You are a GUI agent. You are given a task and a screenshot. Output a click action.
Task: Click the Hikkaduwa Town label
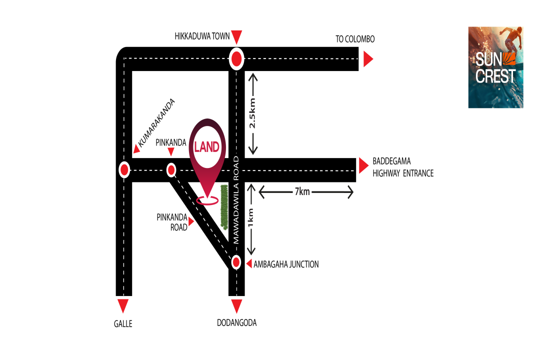point(202,36)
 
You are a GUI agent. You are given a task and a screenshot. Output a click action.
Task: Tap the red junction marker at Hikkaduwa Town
point(236,59)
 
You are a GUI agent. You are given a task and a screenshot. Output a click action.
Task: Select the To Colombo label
point(355,39)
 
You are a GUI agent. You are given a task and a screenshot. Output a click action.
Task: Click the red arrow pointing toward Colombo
point(368,60)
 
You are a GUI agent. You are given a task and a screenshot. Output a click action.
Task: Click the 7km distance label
point(302,191)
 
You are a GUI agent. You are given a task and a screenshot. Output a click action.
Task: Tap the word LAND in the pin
point(207,147)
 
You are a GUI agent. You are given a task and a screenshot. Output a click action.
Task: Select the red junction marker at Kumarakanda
point(124,170)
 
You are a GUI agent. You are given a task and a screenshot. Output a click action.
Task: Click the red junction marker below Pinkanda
point(171,170)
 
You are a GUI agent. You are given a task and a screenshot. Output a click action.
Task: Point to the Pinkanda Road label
point(172,222)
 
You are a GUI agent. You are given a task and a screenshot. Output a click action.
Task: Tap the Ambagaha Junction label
point(286,264)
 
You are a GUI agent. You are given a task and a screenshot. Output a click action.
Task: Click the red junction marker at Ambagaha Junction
point(236,262)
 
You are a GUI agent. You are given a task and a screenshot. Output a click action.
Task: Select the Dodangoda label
point(236,323)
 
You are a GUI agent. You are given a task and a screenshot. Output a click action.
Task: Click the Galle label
point(123,324)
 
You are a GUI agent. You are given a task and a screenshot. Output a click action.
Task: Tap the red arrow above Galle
point(123,305)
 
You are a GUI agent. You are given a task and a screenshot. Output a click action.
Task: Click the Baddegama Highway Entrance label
point(403,167)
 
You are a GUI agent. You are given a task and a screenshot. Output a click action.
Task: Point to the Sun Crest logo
point(495,67)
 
